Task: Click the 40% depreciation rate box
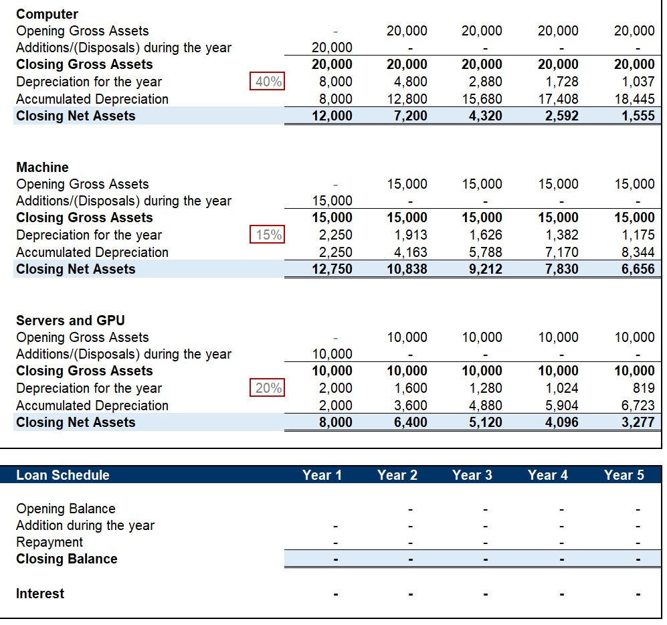(x=268, y=82)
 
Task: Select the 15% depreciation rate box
(x=268, y=235)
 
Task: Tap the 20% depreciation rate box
(x=268, y=388)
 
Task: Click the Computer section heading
(x=47, y=14)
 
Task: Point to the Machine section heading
(x=42, y=167)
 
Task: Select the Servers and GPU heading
(x=70, y=321)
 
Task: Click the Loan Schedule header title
(x=62, y=475)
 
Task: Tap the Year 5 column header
(x=624, y=475)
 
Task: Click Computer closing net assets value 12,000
(x=332, y=116)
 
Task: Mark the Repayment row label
(x=50, y=542)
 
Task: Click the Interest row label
(x=40, y=594)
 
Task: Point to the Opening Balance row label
(x=66, y=509)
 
